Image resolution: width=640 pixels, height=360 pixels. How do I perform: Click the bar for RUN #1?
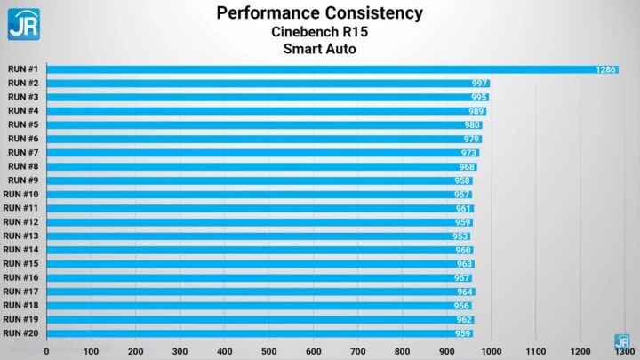(329, 69)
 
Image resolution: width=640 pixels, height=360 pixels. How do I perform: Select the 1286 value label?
(605, 69)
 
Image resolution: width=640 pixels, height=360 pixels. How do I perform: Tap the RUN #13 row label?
(21, 236)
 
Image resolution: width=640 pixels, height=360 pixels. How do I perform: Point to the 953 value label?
(460, 236)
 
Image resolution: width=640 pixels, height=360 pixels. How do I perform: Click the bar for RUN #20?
(258, 333)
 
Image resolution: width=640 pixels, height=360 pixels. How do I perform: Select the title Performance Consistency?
(320, 12)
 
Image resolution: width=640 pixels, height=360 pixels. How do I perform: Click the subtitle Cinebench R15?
(320, 31)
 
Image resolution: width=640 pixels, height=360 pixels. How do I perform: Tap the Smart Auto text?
(320, 49)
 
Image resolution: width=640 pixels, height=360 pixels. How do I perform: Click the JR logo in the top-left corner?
(23, 23)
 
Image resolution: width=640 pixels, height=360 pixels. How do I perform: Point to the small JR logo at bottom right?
(622, 341)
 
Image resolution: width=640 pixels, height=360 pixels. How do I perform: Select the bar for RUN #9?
(258, 180)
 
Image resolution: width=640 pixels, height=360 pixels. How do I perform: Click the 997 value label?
(481, 83)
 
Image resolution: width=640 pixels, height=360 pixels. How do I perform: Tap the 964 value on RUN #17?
(465, 292)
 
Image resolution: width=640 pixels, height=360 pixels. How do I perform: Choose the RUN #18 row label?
(21, 305)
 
